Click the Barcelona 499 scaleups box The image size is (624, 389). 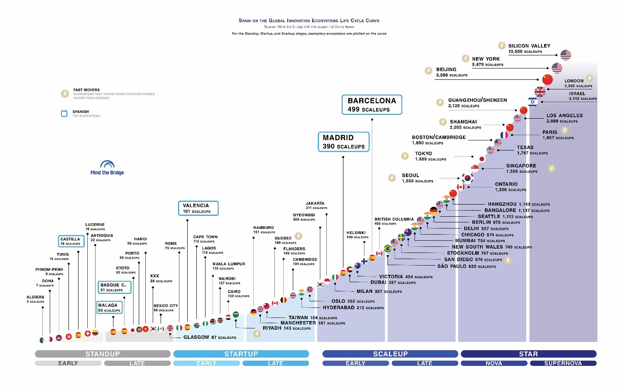[x=372, y=105]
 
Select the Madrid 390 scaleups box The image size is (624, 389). [x=343, y=142]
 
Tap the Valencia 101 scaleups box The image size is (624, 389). [x=198, y=208]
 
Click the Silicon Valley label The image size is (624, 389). [x=529, y=46]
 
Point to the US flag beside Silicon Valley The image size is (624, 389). [x=566, y=55]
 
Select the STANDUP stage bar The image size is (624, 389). [x=103, y=354]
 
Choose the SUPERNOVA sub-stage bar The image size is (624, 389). [x=563, y=363]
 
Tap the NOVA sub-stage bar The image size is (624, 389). [x=494, y=363]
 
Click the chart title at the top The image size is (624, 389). [x=309, y=20]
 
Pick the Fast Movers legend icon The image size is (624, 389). [x=65, y=94]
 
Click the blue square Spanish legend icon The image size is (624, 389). [x=64, y=114]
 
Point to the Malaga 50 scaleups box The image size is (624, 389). [x=110, y=307]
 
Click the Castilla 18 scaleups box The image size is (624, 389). [x=71, y=241]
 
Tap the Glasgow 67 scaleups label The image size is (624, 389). [x=209, y=337]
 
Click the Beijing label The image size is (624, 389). [x=446, y=69]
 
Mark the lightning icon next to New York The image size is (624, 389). [x=466, y=58]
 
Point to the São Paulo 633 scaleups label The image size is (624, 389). [x=466, y=266]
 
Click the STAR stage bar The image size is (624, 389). [x=528, y=354]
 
